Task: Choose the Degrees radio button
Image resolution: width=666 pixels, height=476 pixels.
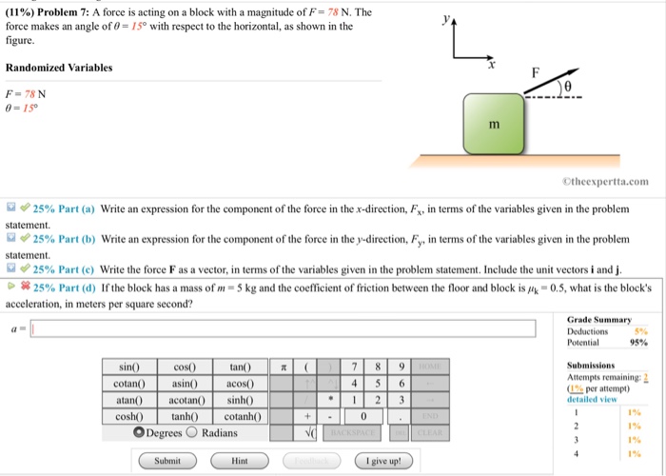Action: coord(138,432)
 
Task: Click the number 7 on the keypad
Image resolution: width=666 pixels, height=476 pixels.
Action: coord(353,367)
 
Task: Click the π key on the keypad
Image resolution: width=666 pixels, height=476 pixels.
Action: coord(283,367)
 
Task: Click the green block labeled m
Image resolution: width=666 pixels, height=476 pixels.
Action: coord(493,125)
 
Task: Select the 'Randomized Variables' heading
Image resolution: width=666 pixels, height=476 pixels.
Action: coord(59,68)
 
